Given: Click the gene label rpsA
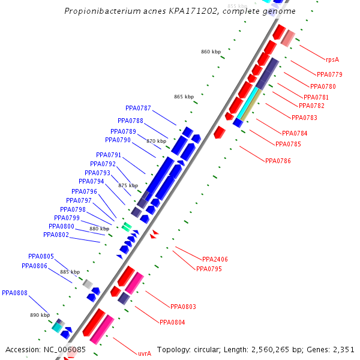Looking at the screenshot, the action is click(x=332, y=60).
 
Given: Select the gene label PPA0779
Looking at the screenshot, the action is click(x=329, y=74).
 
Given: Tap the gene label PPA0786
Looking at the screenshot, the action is click(x=278, y=161).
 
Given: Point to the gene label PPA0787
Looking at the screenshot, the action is click(x=138, y=109).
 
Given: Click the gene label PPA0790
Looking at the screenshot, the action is click(x=118, y=140).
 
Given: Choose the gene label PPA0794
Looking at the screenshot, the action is click(x=91, y=181).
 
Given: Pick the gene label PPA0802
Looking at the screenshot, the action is click(x=56, y=235).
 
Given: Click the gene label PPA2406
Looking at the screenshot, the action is click(x=215, y=259).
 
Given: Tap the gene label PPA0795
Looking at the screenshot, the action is click(x=209, y=269).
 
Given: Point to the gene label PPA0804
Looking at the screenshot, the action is click(x=172, y=322).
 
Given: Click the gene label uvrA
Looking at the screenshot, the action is click(x=144, y=353).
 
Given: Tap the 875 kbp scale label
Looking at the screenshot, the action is click(x=128, y=186).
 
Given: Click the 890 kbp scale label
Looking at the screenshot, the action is click(x=40, y=315).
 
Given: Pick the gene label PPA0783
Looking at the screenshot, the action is click(x=304, y=118).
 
